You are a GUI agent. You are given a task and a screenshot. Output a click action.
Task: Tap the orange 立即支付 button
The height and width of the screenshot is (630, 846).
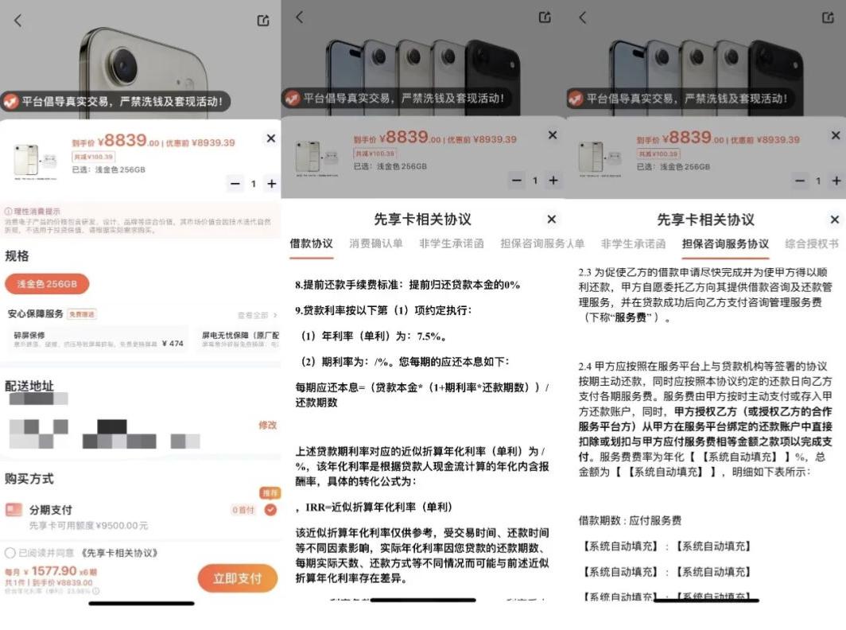237,578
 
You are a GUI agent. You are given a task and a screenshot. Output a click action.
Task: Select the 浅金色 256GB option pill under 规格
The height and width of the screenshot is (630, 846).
47,284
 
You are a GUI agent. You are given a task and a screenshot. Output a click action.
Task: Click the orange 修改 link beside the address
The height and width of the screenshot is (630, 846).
267,426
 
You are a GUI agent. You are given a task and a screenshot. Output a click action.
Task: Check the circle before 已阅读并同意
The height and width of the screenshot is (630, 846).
10,553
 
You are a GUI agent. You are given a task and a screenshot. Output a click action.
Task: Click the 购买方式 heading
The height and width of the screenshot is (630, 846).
29,479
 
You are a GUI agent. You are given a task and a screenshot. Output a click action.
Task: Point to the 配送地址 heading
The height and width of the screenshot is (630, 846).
29,386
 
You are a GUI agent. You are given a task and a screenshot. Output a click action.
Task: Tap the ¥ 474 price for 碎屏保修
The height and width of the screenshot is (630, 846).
172,344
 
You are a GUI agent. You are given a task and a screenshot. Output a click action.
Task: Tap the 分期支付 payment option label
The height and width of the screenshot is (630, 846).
50,510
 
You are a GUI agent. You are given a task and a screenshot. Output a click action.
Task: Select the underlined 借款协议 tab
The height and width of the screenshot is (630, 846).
311,244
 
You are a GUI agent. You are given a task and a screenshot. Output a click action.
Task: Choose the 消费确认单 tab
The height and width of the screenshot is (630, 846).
375,244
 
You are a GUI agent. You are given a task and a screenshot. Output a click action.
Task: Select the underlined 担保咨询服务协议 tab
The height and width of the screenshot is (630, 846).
725,244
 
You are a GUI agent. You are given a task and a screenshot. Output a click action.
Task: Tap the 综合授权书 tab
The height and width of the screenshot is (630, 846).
811,244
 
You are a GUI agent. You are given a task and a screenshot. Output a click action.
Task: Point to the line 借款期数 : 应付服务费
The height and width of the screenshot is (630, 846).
630,520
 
